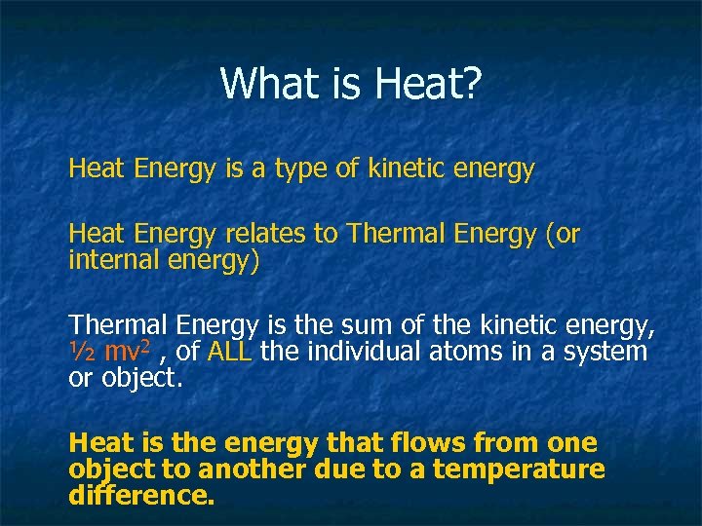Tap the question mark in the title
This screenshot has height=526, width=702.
[471, 83]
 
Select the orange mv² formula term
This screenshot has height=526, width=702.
[125, 351]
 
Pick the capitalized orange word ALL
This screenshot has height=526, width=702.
[230, 351]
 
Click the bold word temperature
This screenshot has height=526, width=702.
[519, 470]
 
